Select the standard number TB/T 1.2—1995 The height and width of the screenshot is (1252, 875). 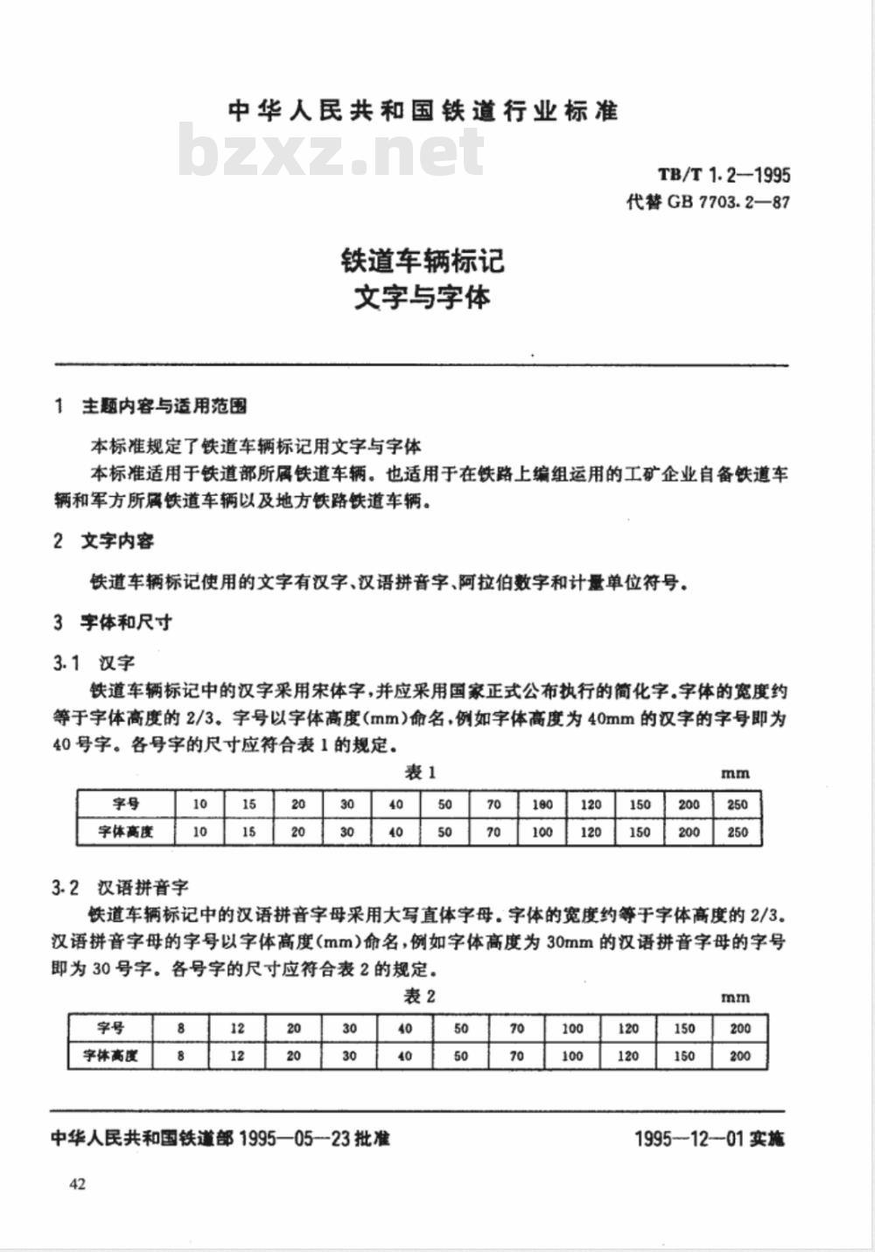(x=724, y=175)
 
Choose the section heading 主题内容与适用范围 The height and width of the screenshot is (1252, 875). (x=164, y=406)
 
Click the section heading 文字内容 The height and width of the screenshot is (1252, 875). (x=117, y=542)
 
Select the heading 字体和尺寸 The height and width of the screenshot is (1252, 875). (x=126, y=623)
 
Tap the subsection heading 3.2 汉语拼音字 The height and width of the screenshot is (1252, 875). (x=121, y=888)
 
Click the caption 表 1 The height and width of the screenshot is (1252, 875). (x=419, y=773)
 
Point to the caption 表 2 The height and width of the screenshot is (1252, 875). (x=419, y=997)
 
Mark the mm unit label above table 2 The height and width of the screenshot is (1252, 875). (x=735, y=997)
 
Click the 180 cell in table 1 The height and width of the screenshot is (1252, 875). (x=542, y=804)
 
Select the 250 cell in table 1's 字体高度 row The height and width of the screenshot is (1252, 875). (x=738, y=832)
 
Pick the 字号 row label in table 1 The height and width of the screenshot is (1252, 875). (x=126, y=804)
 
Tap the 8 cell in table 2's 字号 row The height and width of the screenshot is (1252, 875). (x=181, y=1029)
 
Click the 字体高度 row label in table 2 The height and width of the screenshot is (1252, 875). (x=110, y=1056)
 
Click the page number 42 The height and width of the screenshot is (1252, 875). (x=76, y=1185)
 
